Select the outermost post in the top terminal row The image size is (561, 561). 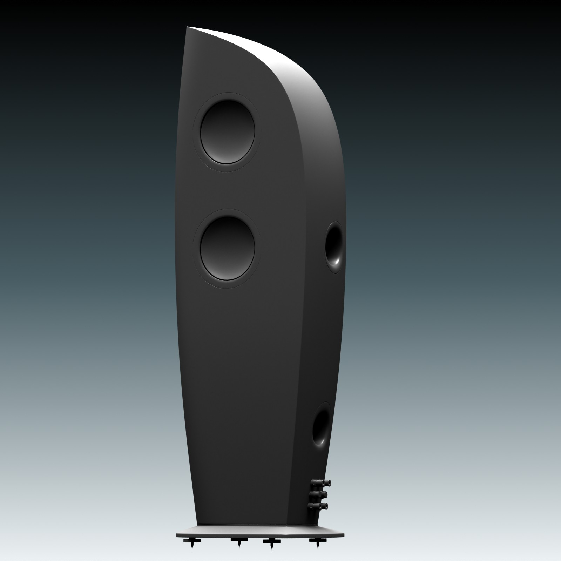(x=329, y=483)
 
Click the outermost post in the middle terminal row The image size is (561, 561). (x=325, y=494)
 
